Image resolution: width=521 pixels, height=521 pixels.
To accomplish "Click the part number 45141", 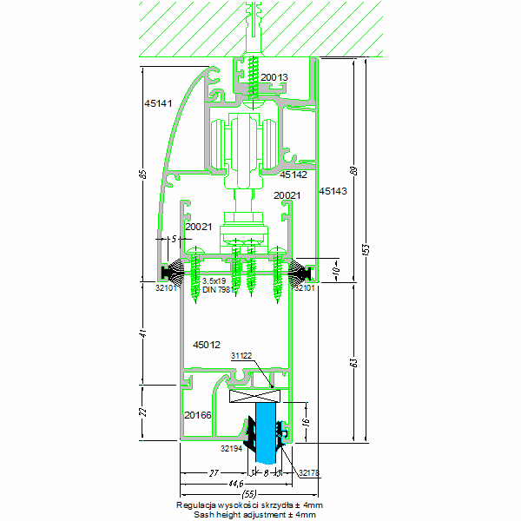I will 159,103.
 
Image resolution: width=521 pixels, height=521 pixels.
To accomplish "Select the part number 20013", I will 274,77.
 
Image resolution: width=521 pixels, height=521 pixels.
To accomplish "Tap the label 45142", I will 293,175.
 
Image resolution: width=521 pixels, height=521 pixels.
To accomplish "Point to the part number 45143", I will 333,190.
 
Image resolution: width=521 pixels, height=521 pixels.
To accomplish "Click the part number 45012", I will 207,345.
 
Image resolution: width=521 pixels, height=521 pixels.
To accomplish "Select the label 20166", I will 198,416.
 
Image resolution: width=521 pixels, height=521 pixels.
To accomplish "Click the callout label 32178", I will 308,473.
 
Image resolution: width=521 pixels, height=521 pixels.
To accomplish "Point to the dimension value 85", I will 142,174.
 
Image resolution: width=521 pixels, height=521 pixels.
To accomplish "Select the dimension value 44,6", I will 231,483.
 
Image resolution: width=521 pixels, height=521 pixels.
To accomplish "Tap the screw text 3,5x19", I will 214,281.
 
